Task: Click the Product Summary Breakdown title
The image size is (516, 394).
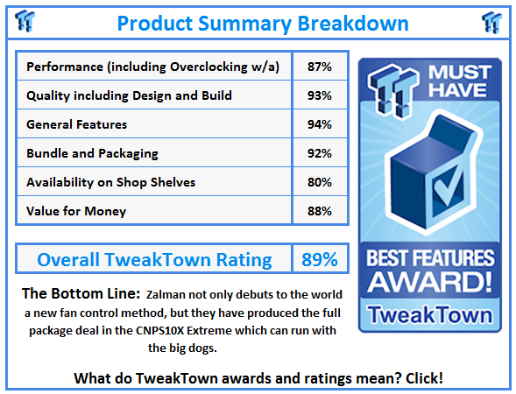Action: coord(262,23)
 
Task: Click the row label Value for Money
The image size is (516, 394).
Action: coord(76,211)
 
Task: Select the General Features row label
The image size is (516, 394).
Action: coord(77,124)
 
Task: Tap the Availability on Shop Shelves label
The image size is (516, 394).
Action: coord(111,182)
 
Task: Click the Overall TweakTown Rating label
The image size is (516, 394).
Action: coord(154,259)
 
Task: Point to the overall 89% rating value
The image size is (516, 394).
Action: coord(319,259)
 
